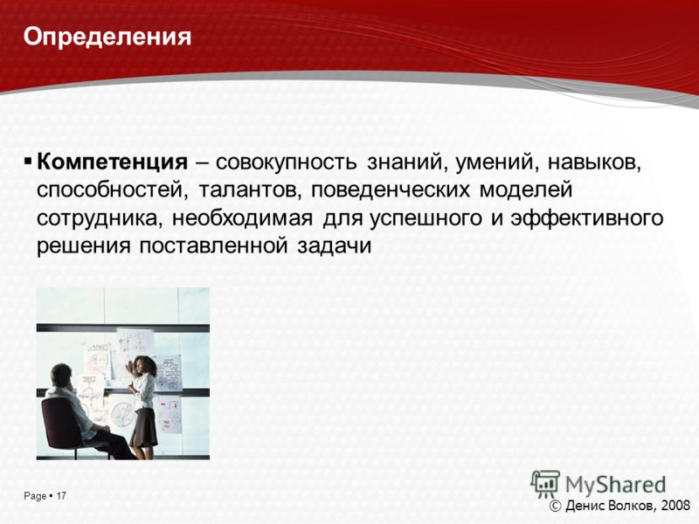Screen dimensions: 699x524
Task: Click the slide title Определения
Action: pos(107,38)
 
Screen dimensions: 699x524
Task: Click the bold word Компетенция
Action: pos(113,162)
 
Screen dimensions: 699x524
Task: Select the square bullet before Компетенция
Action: pos(28,160)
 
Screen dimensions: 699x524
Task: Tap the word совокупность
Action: pos(287,162)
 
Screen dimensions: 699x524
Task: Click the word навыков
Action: pos(594,162)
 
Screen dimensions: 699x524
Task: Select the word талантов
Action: pos(249,191)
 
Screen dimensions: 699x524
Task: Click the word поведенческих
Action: pos(390,191)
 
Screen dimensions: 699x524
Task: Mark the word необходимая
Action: pos(242,218)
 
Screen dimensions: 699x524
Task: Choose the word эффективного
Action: pos(587,218)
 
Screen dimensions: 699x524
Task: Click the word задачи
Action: pos(335,246)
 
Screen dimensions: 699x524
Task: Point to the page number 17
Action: pos(61,495)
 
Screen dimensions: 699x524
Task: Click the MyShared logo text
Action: pos(615,485)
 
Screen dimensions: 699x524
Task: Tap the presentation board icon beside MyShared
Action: pos(545,484)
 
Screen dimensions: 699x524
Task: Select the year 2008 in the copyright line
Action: pos(675,506)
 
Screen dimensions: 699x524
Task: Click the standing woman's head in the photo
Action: pos(144,367)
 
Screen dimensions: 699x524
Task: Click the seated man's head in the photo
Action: pos(61,376)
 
